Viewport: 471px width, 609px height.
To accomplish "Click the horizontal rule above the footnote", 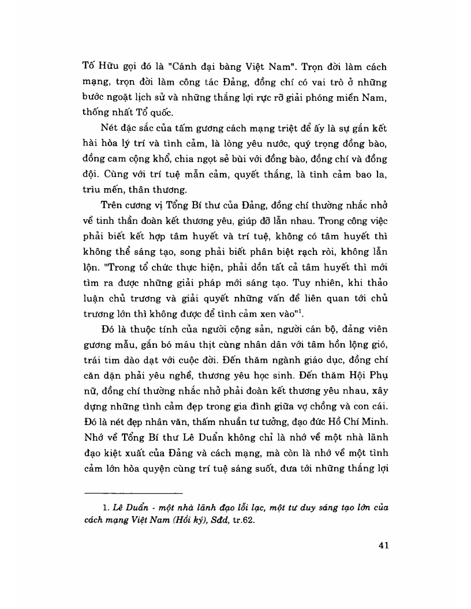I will tap(133, 493).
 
